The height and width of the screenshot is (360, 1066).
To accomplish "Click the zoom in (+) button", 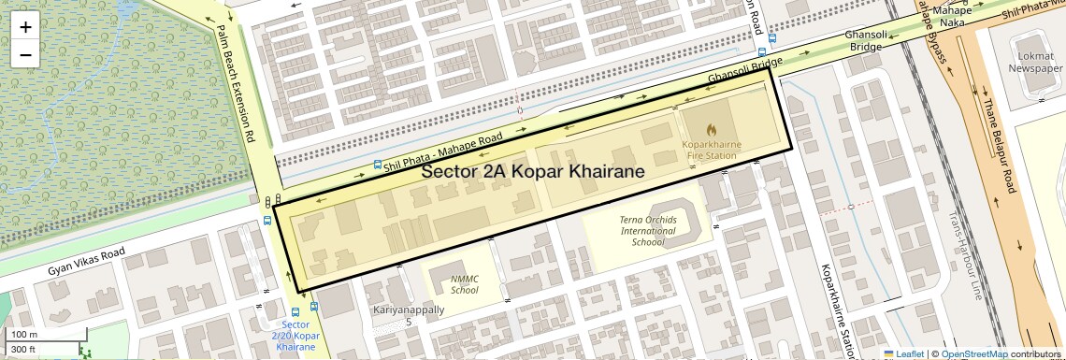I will pos(25,26).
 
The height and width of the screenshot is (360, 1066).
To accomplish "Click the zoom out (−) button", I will pos(25,54).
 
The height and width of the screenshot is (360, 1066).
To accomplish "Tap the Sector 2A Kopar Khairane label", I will pos(533,172).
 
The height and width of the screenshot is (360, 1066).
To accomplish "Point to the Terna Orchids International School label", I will pos(647,230).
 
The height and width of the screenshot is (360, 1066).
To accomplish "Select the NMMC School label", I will pos(464,284).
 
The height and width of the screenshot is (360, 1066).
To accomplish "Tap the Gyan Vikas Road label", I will pos(86,263).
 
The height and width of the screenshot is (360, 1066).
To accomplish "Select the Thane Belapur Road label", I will pos(998,145).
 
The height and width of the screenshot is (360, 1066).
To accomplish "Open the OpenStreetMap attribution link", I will pos(973,353).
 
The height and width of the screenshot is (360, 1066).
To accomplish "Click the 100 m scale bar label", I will pos(23,334).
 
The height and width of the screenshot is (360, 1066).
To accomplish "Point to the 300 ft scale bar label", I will pos(23,349).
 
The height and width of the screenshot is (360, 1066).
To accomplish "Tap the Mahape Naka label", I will pos(952,15).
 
